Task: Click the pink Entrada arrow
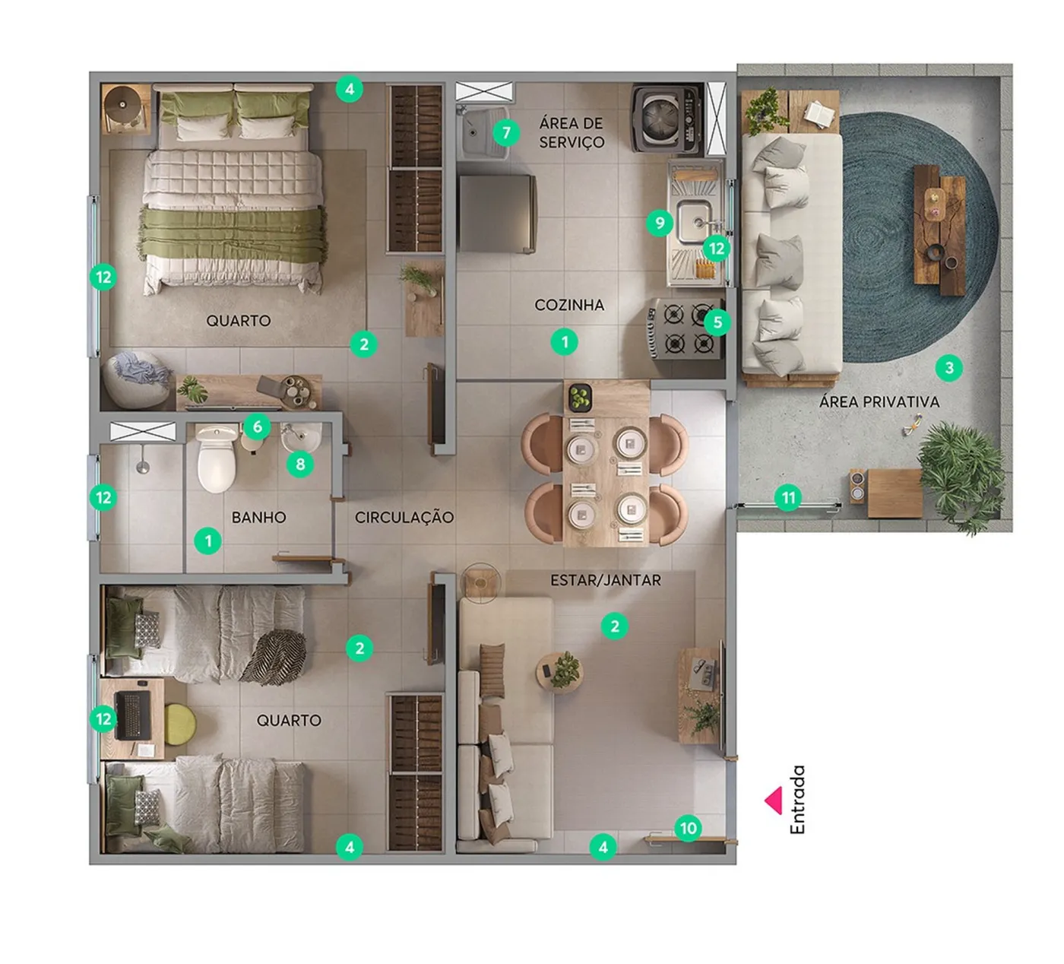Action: pyautogui.click(x=775, y=801)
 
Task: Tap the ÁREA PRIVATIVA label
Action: pyautogui.click(x=879, y=402)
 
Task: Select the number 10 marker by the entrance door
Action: pyautogui.click(x=689, y=828)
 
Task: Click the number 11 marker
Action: pyautogui.click(x=788, y=498)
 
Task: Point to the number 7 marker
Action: pyautogui.click(x=506, y=133)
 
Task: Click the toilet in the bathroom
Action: pyautogui.click(x=217, y=458)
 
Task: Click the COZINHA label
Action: pyautogui.click(x=569, y=305)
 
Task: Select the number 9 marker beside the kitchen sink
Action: pyautogui.click(x=660, y=223)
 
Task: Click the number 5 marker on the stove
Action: pyautogui.click(x=717, y=322)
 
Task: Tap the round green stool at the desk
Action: pyautogui.click(x=179, y=725)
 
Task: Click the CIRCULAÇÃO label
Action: pyautogui.click(x=404, y=517)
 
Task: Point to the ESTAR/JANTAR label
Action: pyautogui.click(x=606, y=580)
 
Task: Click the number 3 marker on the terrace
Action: pyautogui.click(x=949, y=367)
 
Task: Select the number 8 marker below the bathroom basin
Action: pyautogui.click(x=300, y=465)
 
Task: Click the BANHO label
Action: pyautogui.click(x=259, y=517)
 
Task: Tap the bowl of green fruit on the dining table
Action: pyautogui.click(x=581, y=397)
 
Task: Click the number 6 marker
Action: pyautogui.click(x=257, y=427)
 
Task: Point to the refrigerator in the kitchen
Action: pyautogui.click(x=498, y=213)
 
